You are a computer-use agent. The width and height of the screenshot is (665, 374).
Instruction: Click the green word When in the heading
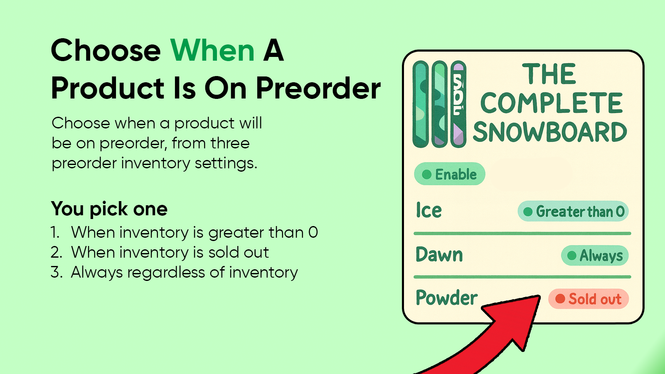tap(212, 50)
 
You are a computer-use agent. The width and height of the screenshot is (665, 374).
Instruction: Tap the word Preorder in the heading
tap(318, 88)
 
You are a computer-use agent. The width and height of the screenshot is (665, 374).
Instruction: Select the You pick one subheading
tap(109, 209)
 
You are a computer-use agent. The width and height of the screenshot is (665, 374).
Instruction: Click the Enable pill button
tap(449, 174)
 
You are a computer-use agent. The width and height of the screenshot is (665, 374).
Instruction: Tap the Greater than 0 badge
tap(573, 212)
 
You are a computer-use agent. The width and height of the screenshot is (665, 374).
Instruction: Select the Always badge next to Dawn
tap(595, 255)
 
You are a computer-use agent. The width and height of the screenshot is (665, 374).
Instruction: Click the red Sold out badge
tap(589, 299)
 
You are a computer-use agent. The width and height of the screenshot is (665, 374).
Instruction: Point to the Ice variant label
tap(429, 210)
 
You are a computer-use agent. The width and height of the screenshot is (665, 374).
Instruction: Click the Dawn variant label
tap(439, 254)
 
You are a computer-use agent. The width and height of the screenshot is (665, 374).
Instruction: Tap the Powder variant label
tap(446, 298)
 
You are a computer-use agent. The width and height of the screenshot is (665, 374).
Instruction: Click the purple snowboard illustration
tap(458, 104)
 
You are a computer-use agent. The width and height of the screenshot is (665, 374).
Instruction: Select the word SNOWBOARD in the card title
tap(550, 132)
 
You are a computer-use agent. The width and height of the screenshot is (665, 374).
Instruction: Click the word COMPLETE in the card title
tap(551, 103)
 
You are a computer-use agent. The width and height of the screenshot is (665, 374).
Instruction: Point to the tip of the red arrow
tap(540, 295)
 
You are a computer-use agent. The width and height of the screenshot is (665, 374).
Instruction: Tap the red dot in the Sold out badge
tap(560, 299)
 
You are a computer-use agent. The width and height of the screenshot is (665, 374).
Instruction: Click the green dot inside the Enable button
tap(426, 174)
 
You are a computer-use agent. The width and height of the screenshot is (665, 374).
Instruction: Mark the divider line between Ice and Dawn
tap(522, 234)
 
